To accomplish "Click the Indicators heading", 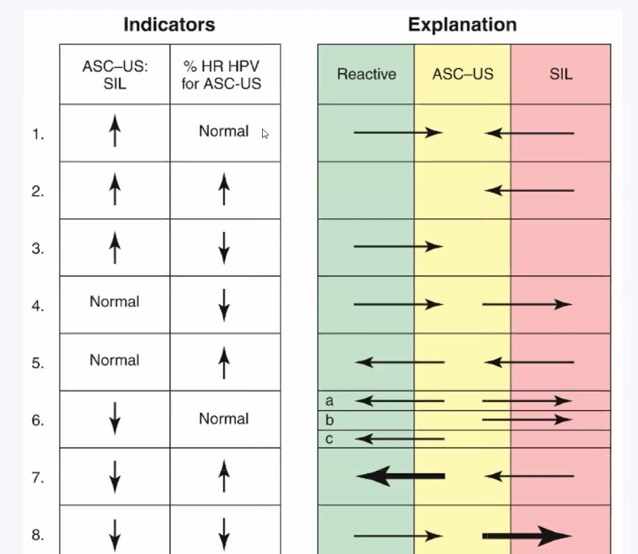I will (169, 25).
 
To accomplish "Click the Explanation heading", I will (462, 25).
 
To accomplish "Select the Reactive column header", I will (366, 74).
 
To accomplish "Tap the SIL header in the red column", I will (560, 74).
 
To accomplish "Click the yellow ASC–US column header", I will (462, 74).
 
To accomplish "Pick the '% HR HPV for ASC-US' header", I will (224, 74).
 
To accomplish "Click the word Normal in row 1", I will (224, 131).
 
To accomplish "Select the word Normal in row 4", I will (114, 302).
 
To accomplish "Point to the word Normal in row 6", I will (224, 419).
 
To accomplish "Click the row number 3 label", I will (38, 249).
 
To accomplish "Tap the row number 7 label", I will (38, 478).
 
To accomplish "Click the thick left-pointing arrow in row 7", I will (400, 476).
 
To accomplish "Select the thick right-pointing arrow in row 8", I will (526, 535).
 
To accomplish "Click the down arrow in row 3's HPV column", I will (224, 248).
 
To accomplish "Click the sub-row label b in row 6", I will (329, 421).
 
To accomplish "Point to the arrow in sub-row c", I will (400, 439).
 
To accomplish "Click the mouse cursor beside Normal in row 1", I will (265, 134).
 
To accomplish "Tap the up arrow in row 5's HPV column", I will (224, 362).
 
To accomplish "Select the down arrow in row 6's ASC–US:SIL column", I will (114, 419).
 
